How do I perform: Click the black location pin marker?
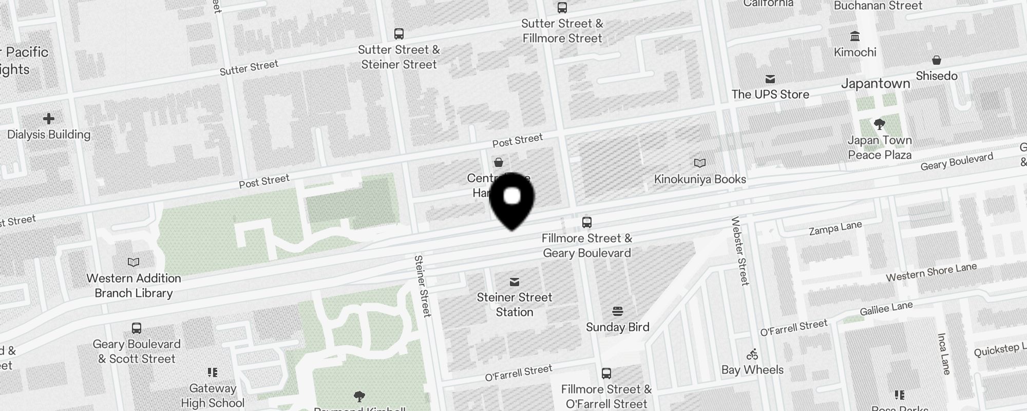(512, 200)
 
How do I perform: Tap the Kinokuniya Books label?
(700, 179)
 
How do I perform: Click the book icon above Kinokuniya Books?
(700, 163)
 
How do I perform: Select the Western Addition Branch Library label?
(134, 286)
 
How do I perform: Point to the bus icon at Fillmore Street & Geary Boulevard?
(587, 222)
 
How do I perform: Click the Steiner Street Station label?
(515, 305)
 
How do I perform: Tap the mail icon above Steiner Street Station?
(515, 282)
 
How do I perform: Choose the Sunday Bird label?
(617, 327)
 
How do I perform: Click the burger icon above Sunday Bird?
(618, 311)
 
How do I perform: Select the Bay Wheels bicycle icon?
(752, 354)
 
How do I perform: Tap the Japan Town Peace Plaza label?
(880, 147)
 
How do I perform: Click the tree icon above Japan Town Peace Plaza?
(880, 124)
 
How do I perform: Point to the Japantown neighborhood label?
(876, 84)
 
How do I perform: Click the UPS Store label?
(770, 95)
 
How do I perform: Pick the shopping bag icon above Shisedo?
(937, 60)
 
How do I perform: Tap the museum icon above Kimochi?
(855, 36)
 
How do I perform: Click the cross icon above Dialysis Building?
(49, 119)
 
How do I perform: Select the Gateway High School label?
(213, 396)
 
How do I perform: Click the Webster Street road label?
(740, 251)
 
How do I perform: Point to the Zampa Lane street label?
(835, 229)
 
